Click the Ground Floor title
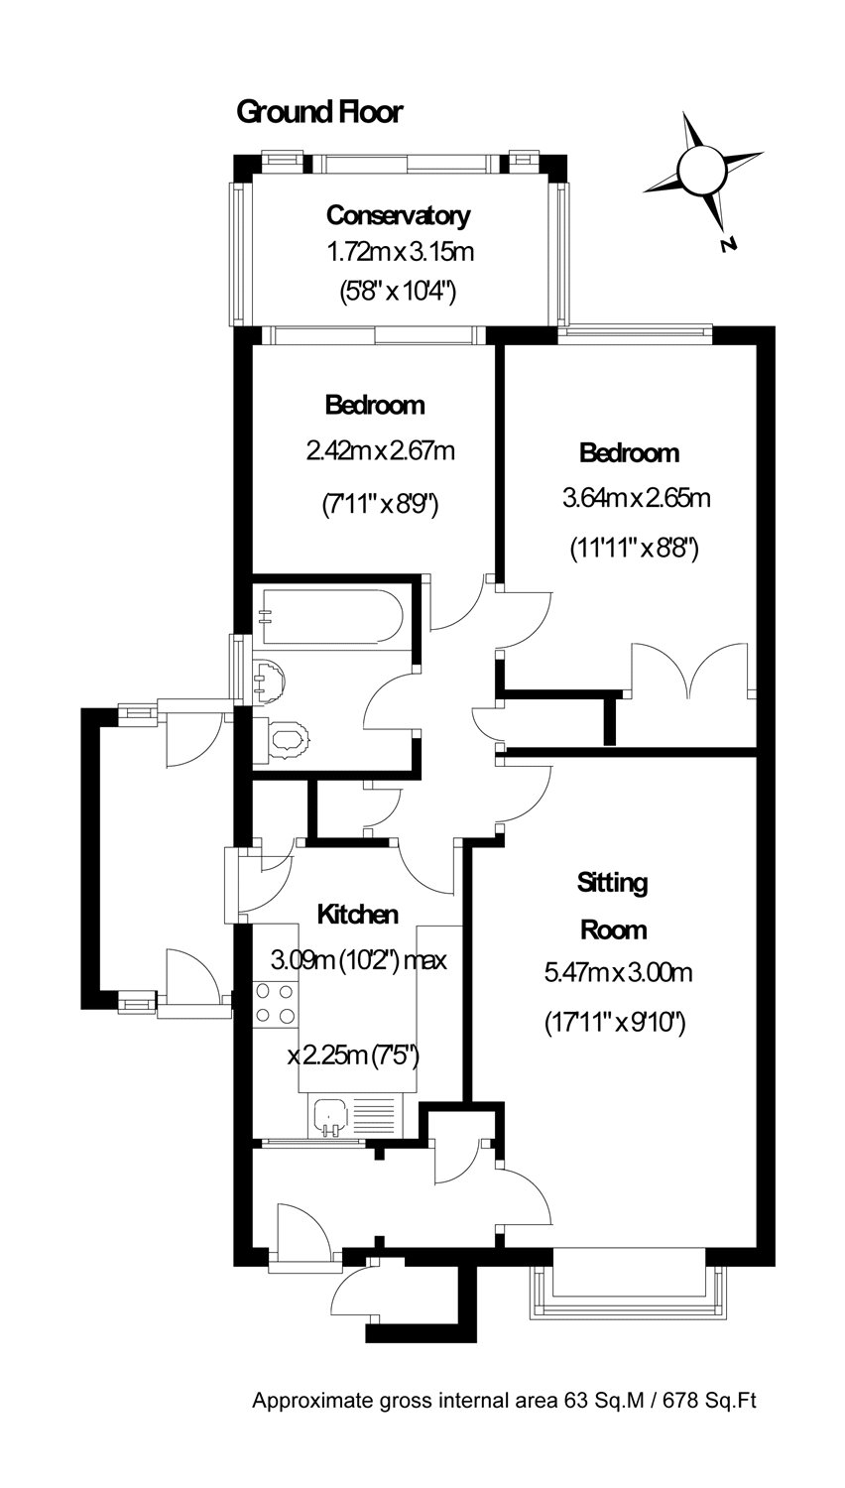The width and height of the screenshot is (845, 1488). (x=319, y=112)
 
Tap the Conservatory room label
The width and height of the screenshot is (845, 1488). (x=399, y=215)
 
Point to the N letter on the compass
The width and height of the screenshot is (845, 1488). (x=729, y=244)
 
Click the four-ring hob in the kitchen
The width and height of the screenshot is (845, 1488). (x=275, y=1003)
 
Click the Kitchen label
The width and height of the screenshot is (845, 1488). (x=358, y=915)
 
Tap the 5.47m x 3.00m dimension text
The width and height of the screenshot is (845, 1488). (x=619, y=973)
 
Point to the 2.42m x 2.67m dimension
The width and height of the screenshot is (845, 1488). (x=381, y=451)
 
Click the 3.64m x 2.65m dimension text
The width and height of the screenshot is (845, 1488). (x=637, y=498)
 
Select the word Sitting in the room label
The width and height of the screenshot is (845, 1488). (x=613, y=884)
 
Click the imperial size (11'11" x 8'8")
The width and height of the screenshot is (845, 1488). (x=635, y=550)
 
